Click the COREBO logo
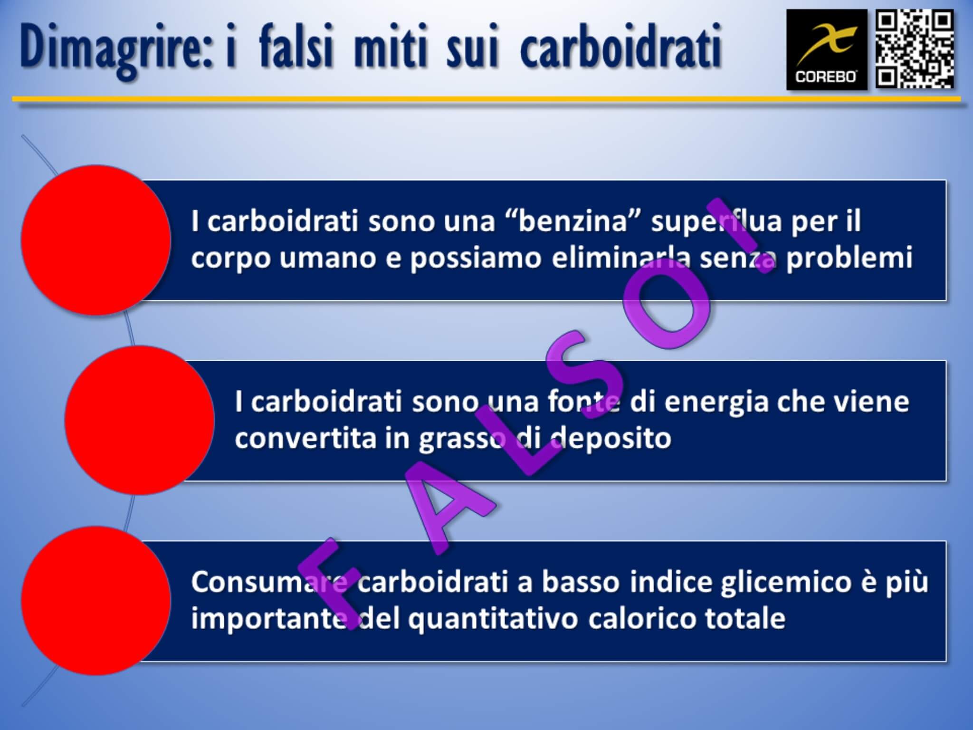coord(826,50)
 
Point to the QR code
coord(914,50)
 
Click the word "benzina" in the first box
coord(572,221)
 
